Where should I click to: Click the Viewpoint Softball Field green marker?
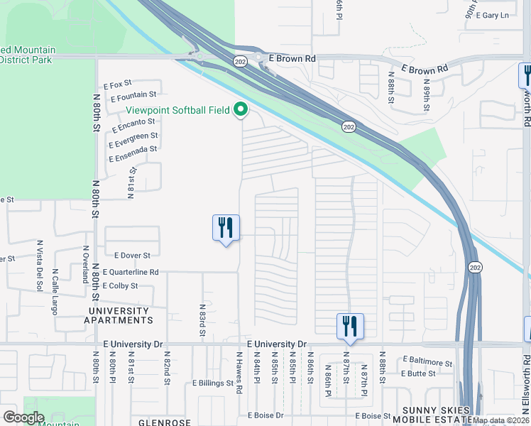(x=241, y=109)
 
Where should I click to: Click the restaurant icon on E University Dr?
(x=350, y=327)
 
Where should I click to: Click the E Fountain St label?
(x=133, y=95)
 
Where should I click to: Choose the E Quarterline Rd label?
(x=131, y=272)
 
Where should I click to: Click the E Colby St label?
(x=120, y=285)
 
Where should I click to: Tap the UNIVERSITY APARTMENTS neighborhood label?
(x=120, y=316)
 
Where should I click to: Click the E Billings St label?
(x=213, y=383)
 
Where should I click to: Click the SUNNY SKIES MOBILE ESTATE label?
(x=436, y=415)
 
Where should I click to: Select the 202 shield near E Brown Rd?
(x=241, y=61)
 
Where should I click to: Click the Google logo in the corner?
(x=23, y=417)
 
